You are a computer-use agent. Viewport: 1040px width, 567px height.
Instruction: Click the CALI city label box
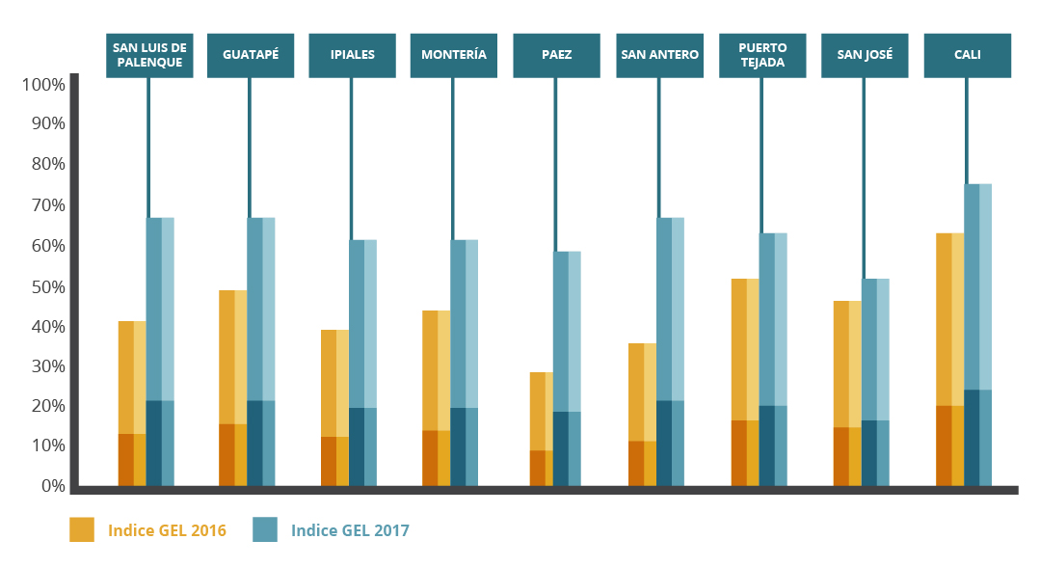tap(967, 56)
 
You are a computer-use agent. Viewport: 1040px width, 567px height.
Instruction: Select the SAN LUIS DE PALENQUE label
tap(149, 56)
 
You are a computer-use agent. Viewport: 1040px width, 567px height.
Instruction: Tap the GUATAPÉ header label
tap(251, 56)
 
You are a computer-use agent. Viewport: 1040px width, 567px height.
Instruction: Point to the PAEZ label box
tap(556, 56)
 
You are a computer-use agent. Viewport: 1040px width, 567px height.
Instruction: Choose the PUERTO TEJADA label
tap(761, 56)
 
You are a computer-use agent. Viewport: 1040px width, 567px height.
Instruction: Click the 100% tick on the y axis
tap(42, 85)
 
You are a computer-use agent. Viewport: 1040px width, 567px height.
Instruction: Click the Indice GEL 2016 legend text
tap(167, 530)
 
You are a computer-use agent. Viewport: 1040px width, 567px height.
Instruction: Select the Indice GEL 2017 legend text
tap(350, 530)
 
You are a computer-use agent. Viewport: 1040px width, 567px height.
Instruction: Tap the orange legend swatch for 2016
tap(82, 529)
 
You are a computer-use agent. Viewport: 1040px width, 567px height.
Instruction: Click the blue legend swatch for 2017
tap(264, 529)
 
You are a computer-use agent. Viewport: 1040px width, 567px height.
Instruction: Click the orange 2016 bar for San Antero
tap(642, 414)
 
